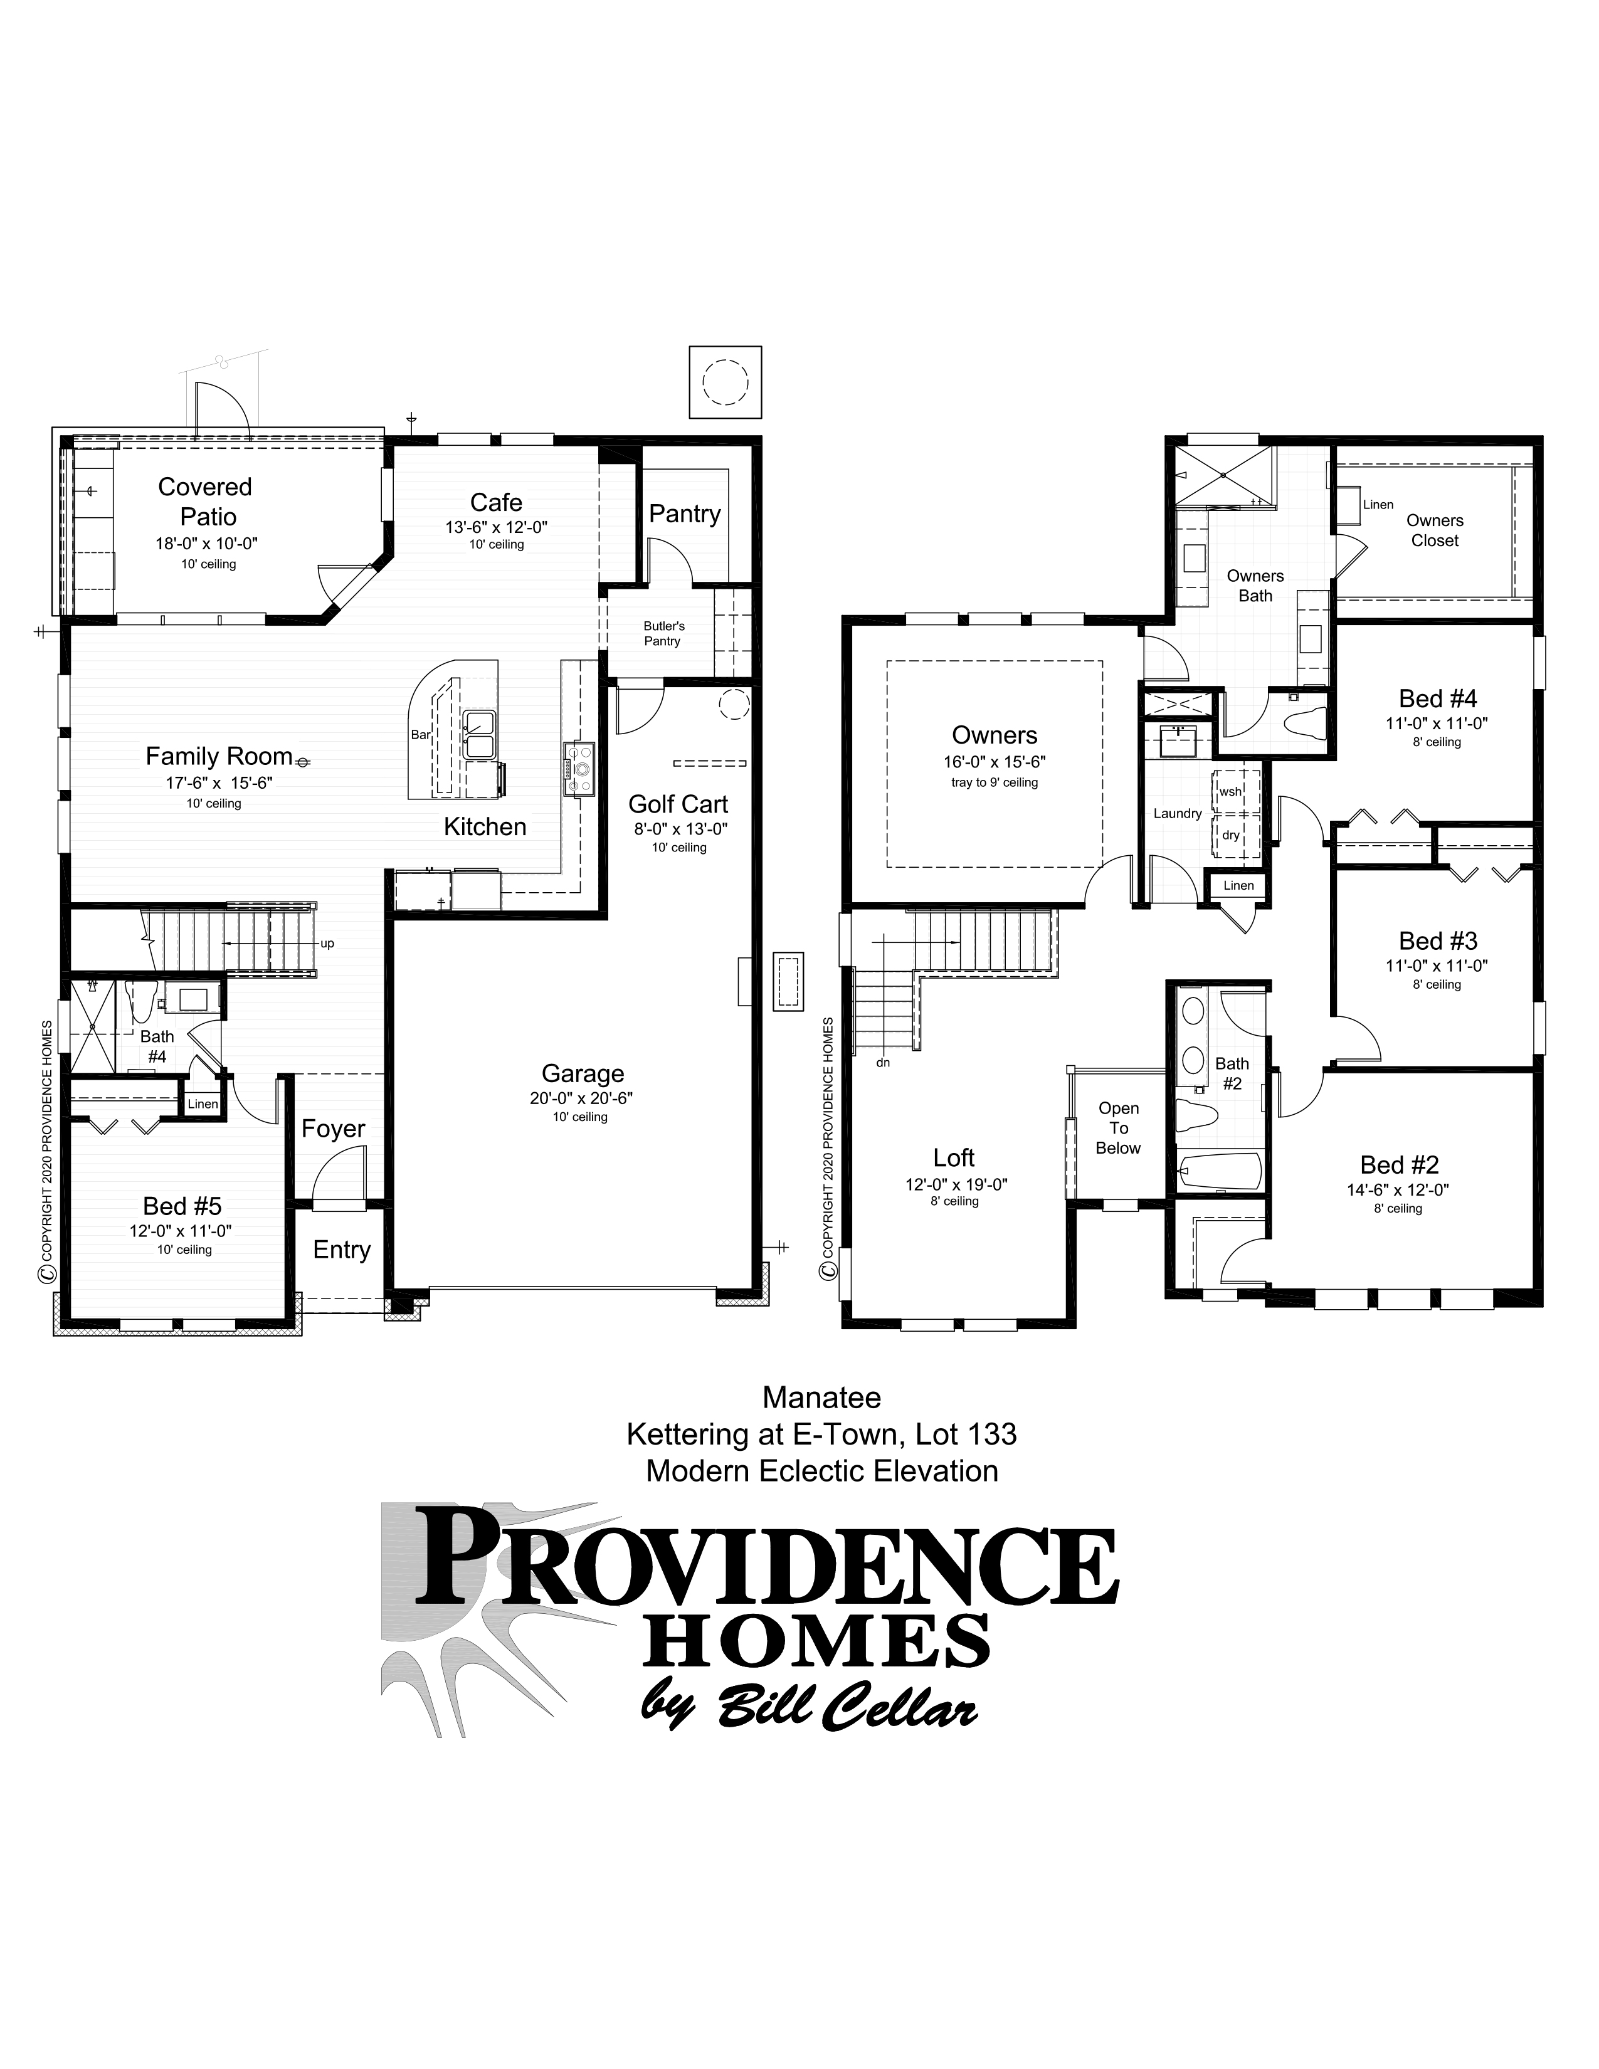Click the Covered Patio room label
(206, 501)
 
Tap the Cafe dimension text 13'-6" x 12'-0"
(497, 528)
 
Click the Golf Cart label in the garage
(678, 804)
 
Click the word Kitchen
(485, 827)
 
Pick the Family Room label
(219, 756)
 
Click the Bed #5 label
(182, 1206)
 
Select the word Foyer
(334, 1129)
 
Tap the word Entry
(342, 1250)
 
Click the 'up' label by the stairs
(327, 944)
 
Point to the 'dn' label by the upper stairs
(883, 1063)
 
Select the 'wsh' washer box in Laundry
(1230, 791)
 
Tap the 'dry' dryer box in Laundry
(1230, 834)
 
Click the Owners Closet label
(1435, 530)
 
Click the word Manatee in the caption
(821, 1398)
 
